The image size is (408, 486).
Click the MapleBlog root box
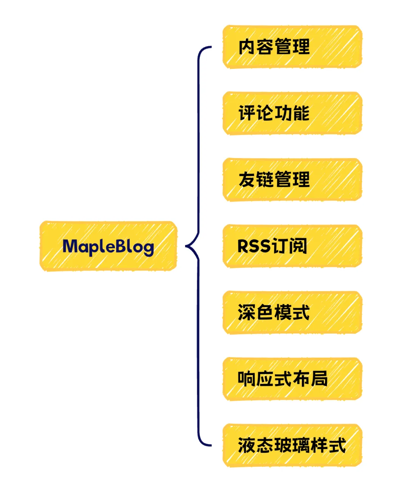click(x=108, y=246)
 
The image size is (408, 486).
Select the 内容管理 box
click(x=292, y=47)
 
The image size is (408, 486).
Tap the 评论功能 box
click(x=292, y=113)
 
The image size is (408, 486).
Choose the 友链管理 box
click(x=292, y=180)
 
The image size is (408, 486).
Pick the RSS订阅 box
click(x=292, y=246)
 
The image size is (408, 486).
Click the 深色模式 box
click(x=292, y=312)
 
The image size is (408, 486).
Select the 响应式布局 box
click(x=292, y=379)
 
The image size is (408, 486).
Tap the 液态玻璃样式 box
click(x=292, y=445)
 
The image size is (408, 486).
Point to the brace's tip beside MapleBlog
click(x=187, y=246)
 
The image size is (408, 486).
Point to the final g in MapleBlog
click(x=148, y=248)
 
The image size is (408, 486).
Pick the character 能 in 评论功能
click(x=301, y=113)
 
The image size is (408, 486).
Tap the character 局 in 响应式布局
click(x=319, y=379)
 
